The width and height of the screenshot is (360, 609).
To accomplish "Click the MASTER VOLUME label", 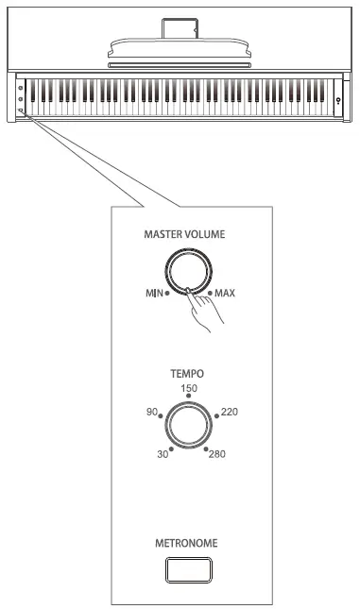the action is pos(184,234).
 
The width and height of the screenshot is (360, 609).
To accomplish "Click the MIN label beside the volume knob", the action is pos(154,293).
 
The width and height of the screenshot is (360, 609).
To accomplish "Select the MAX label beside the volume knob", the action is pos(225,293).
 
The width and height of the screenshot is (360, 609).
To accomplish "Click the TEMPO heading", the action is pos(187,374).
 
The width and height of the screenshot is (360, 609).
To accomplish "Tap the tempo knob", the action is pos(189,425).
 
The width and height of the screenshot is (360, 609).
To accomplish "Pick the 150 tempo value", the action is pos(189,388).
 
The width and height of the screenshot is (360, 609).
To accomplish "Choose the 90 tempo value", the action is pos(152,412).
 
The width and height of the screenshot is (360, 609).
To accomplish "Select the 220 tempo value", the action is pos(230,412).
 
